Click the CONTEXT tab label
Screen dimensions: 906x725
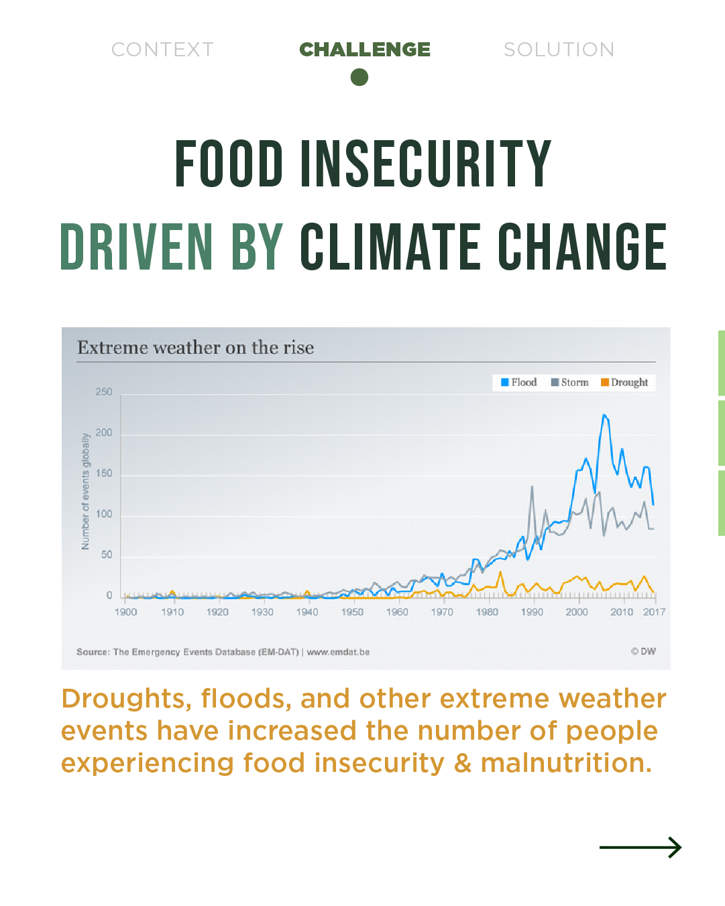[x=162, y=50]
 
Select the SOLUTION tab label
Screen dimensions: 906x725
[x=559, y=50]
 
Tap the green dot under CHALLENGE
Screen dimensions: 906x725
[x=359, y=78]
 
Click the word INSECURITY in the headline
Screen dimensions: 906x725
[x=425, y=164]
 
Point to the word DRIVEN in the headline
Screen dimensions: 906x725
[x=137, y=247]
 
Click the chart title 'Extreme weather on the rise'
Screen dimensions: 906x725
[x=195, y=347]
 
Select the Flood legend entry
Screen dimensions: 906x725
[x=518, y=382]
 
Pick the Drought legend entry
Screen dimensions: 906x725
[x=624, y=382]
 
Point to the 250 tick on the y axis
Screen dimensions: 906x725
[x=104, y=392]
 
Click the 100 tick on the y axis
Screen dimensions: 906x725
[x=104, y=514]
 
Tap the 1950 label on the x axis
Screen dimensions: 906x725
[x=352, y=612]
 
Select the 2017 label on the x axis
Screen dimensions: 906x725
[x=654, y=612]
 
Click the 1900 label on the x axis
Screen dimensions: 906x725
[x=125, y=612]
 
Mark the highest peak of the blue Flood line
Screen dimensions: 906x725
[x=604, y=415]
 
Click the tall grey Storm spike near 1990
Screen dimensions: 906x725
[x=532, y=487]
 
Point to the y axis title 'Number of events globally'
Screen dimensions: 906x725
[x=85, y=491]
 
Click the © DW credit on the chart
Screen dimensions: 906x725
[x=643, y=651]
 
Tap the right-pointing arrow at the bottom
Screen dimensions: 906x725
[x=640, y=848]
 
